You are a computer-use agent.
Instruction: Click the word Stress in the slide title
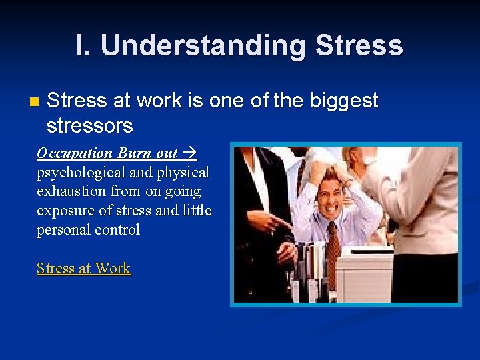[x=359, y=46]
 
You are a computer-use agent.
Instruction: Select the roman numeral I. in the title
[x=84, y=46]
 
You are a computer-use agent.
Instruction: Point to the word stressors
[x=89, y=125]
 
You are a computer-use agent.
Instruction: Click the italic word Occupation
[x=75, y=153]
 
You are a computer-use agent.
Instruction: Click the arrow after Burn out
[x=189, y=153]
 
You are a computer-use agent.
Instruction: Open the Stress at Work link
[x=83, y=269]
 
